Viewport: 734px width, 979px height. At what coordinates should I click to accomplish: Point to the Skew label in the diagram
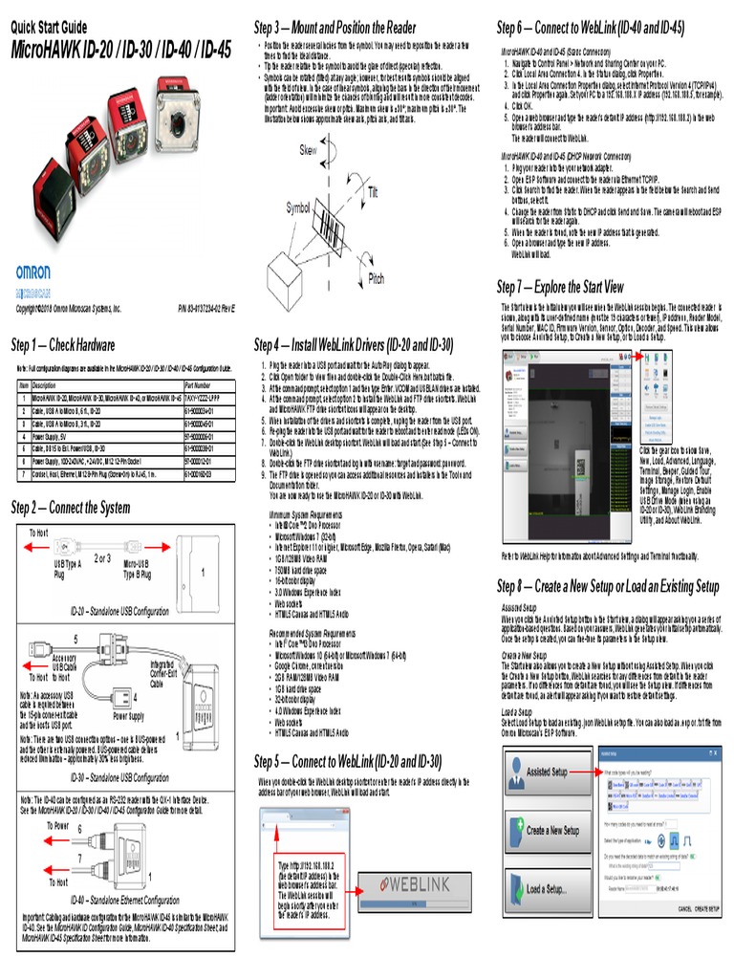click(x=308, y=151)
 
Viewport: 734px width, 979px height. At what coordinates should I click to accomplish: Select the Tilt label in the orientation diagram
click(x=373, y=192)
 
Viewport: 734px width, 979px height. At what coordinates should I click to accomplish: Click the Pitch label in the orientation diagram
click(x=377, y=278)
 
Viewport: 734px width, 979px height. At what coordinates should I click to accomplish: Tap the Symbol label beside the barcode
click(x=298, y=207)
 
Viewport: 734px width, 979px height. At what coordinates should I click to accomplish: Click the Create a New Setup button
click(x=546, y=831)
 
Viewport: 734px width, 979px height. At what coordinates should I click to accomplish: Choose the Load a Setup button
click(x=546, y=889)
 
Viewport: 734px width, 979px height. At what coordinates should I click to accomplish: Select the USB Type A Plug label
click(x=67, y=569)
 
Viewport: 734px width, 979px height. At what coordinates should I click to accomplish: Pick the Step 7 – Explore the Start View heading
click(x=560, y=287)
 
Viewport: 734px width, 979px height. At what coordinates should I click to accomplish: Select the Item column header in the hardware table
click(x=24, y=385)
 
